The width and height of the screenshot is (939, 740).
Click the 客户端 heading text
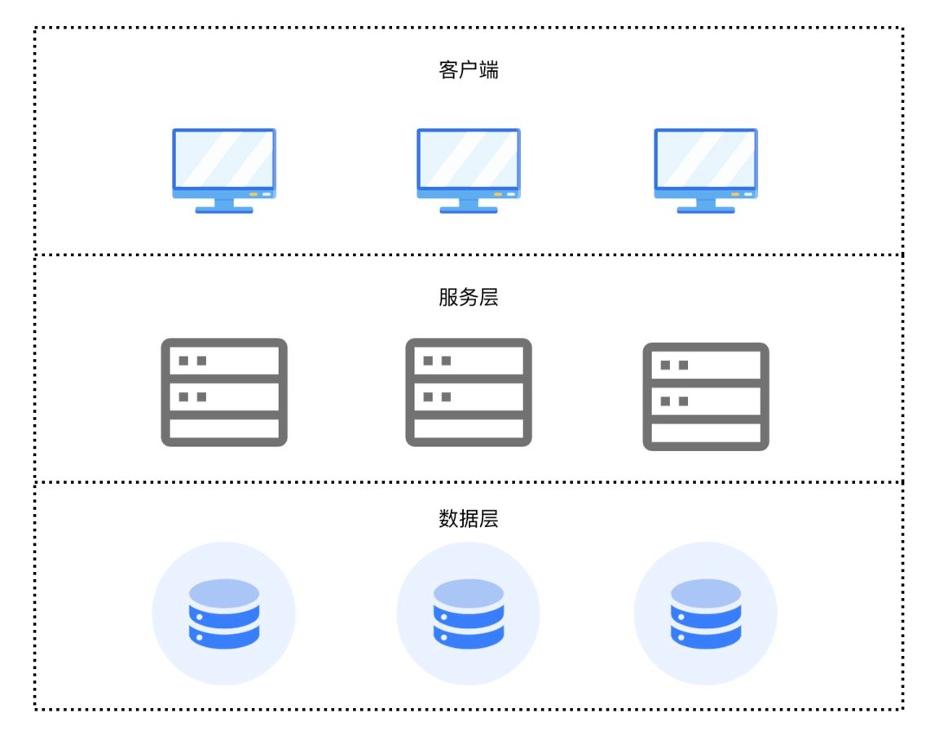(468, 70)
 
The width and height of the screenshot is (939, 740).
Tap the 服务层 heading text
(468, 298)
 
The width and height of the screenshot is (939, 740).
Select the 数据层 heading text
(468, 519)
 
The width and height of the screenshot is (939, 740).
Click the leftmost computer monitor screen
(224, 158)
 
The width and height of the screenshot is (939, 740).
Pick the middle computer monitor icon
(469, 170)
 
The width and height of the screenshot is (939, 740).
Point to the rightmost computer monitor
(706, 170)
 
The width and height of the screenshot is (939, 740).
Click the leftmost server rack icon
(224, 392)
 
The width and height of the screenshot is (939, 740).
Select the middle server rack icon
(469, 392)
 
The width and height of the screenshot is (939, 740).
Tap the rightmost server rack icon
(706, 397)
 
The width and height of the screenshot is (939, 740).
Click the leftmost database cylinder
(224, 614)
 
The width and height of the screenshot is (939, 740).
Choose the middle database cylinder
(469, 614)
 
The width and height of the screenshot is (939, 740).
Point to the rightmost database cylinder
(706, 614)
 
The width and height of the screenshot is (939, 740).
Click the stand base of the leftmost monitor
(224, 210)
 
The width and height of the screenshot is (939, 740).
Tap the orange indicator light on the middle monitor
(498, 194)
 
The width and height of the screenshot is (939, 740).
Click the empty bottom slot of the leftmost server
(224, 429)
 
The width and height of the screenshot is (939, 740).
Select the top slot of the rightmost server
(706, 365)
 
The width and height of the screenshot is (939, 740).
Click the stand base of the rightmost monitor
(706, 210)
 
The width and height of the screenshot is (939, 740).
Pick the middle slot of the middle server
(469, 397)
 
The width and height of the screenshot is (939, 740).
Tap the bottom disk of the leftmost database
(224, 636)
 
